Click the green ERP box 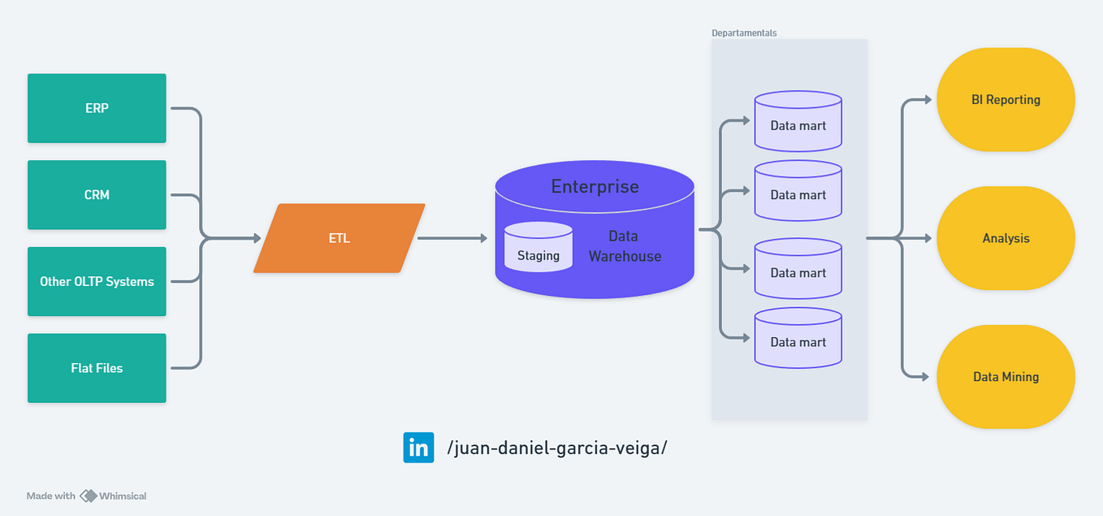(x=97, y=108)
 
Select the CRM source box (x=97, y=195)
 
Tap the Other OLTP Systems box (x=97, y=281)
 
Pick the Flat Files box (x=97, y=368)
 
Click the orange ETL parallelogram (x=340, y=238)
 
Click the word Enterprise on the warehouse (x=595, y=187)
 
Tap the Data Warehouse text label (x=624, y=246)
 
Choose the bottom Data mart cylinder (x=798, y=339)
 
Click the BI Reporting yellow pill (x=1006, y=100)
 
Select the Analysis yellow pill (x=1006, y=238)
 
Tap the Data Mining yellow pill (x=1006, y=377)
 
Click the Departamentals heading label (x=744, y=33)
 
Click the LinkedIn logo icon (x=418, y=448)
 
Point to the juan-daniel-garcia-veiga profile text (x=556, y=448)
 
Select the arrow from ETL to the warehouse (x=451, y=238)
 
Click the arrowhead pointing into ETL (x=257, y=238)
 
